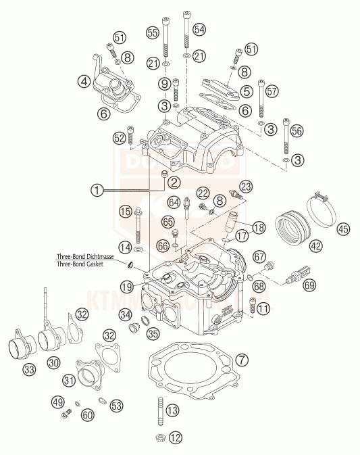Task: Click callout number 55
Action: (x=153, y=32)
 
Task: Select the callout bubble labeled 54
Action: (x=199, y=30)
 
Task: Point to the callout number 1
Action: (x=99, y=191)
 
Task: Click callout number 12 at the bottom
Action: (x=176, y=437)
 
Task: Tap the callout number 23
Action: (x=245, y=185)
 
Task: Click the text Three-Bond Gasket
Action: (x=95, y=265)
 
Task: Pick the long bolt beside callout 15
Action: (x=138, y=224)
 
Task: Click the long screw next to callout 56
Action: (x=287, y=136)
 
